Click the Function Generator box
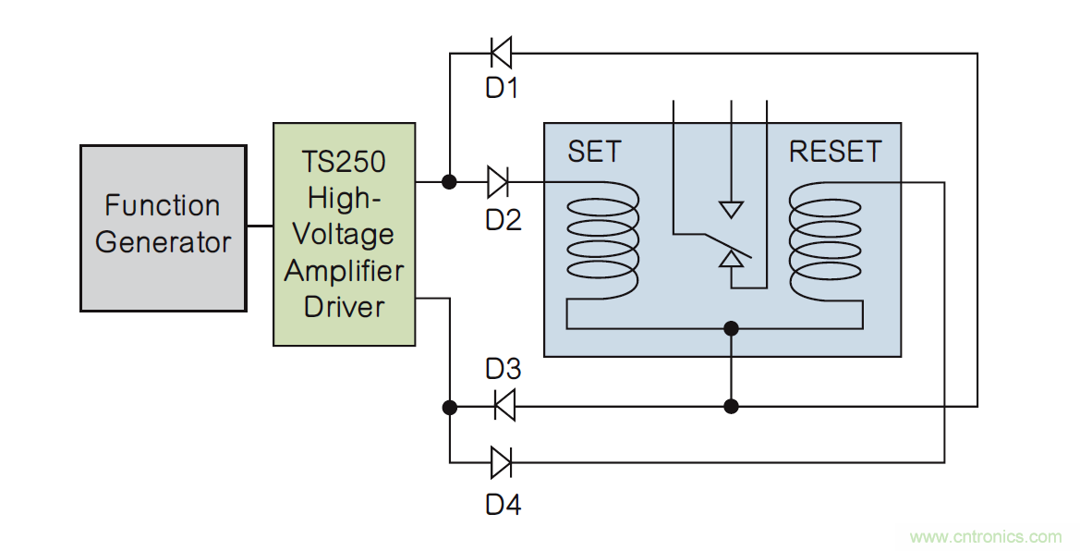pos(164,227)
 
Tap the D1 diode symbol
pos(501,53)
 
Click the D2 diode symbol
pos(498,182)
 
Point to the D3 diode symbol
pos(504,405)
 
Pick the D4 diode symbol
pos(502,461)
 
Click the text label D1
pos(503,90)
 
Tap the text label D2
pos(504,220)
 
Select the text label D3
pos(504,369)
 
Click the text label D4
pos(504,505)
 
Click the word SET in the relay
pos(594,152)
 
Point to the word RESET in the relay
pos(834,152)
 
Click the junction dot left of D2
pos(449,182)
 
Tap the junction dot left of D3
pos(449,406)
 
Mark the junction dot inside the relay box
pos(732,327)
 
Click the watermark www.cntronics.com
pos(986,536)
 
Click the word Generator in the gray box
pos(164,243)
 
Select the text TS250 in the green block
pos(345,162)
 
